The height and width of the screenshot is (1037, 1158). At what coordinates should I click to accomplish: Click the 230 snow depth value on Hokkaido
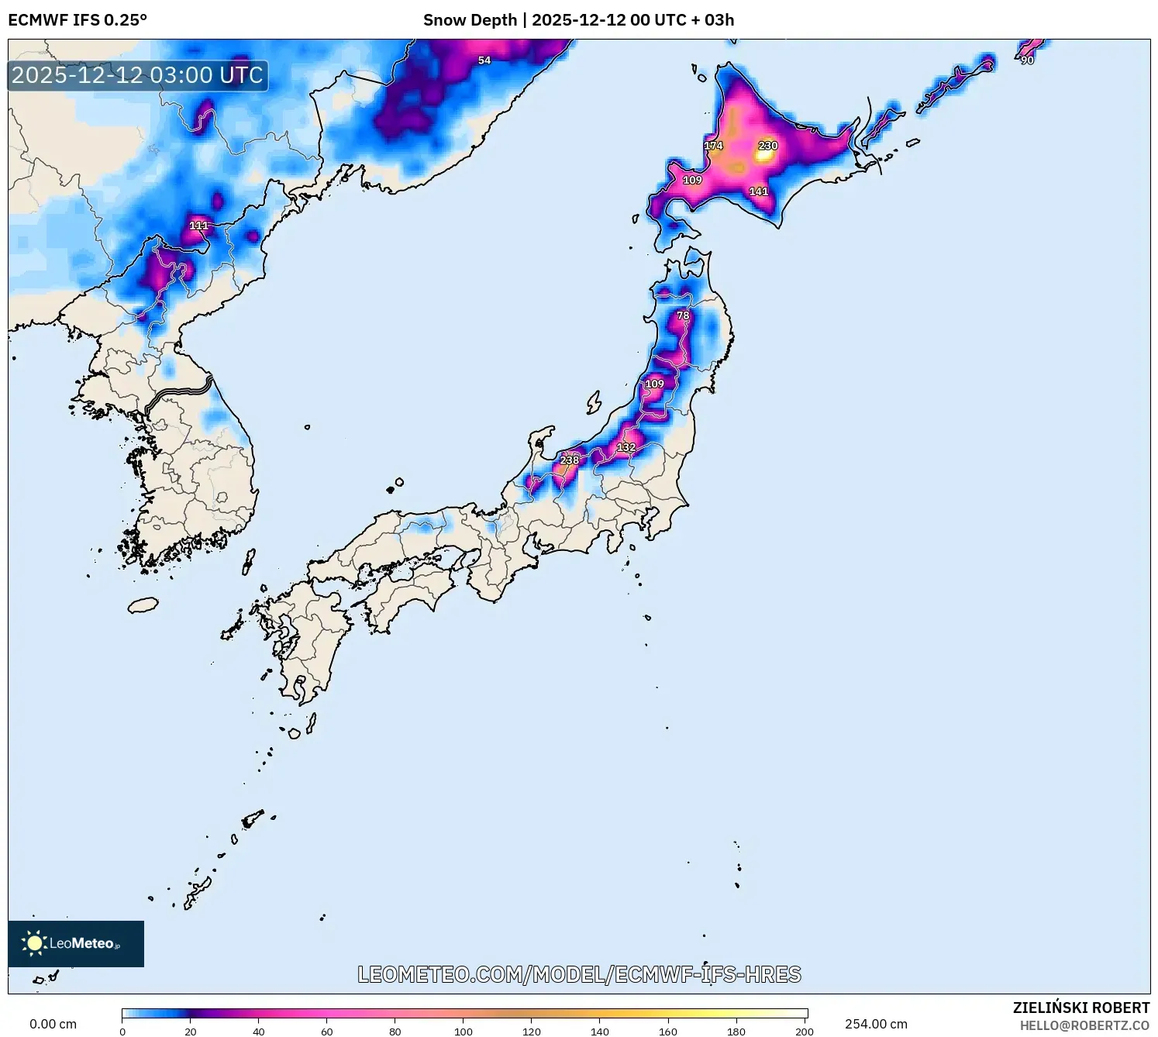[767, 146]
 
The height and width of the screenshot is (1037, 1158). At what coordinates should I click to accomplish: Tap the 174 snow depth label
[713, 146]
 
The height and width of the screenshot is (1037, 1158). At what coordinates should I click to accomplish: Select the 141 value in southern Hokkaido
[758, 191]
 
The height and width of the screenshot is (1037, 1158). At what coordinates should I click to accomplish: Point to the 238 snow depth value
[570, 460]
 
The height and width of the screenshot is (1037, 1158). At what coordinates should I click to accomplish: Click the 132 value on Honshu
[626, 447]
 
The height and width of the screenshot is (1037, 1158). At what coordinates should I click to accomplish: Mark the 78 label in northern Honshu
[683, 315]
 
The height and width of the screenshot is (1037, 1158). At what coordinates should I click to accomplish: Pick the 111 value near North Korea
[198, 226]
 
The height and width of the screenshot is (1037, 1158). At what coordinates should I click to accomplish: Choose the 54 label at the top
[484, 60]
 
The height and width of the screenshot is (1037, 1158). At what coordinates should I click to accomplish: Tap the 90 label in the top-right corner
[1027, 60]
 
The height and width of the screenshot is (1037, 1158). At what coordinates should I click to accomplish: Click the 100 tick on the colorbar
[464, 1032]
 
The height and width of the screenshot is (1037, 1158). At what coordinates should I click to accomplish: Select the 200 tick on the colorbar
[805, 1032]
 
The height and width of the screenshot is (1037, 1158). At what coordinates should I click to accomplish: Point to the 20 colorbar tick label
[191, 1032]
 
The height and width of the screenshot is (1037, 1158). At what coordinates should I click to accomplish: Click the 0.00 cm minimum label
[53, 1024]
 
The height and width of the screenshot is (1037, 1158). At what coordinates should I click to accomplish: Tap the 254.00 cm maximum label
[876, 1024]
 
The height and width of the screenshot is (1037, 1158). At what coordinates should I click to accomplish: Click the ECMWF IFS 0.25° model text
[78, 20]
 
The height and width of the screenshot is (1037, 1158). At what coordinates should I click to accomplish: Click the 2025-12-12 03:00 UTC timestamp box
[138, 75]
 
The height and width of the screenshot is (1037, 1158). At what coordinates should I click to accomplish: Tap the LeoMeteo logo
[76, 943]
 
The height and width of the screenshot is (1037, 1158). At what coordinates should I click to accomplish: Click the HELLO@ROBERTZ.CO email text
[1084, 1025]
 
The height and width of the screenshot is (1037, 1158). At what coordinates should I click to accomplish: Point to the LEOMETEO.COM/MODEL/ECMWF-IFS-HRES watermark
[579, 974]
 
